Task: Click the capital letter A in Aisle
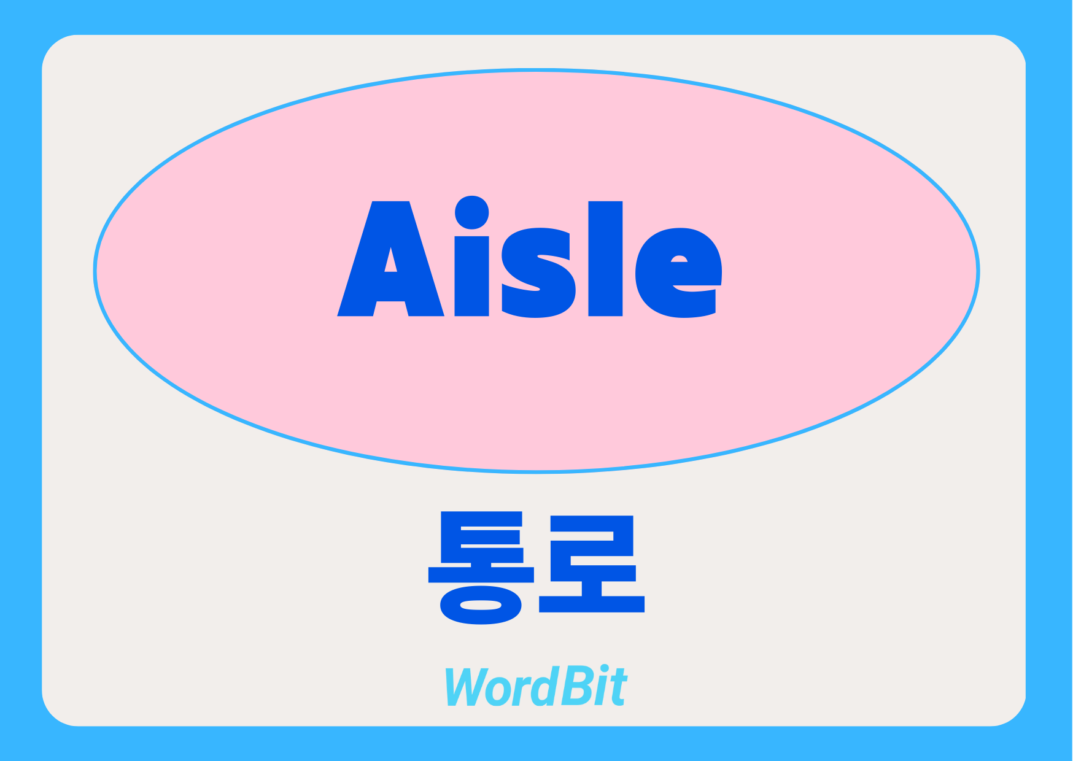[x=390, y=288]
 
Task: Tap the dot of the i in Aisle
[x=471, y=212]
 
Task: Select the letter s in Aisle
[x=538, y=273]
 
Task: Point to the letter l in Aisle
[x=605, y=258]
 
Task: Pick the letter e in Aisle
[x=678, y=273]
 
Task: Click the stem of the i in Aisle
[x=471, y=276]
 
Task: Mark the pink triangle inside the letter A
[x=390, y=260]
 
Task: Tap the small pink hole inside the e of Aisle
[x=679, y=259]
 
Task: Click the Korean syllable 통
[x=481, y=567]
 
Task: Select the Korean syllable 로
[x=592, y=563]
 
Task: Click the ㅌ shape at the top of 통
[x=482, y=537]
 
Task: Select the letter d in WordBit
[x=542, y=686]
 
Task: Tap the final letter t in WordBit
[x=618, y=687]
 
